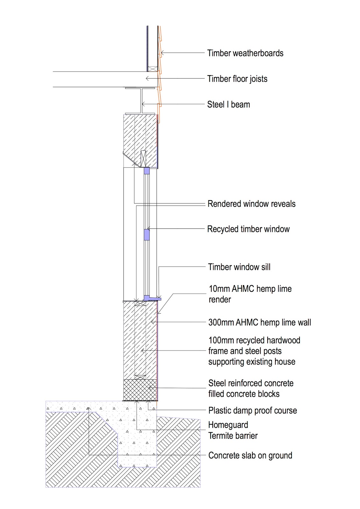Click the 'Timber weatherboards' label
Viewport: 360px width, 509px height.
(x=245, y=53)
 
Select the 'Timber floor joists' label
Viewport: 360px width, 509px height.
(x=237, y=79)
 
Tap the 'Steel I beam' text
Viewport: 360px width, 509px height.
(x=229, y=105)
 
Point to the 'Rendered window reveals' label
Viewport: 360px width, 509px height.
(x=251, y=204)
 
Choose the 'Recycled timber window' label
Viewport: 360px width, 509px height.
(x=248, y=229)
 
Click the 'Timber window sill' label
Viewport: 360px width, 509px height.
(x=239, y=267)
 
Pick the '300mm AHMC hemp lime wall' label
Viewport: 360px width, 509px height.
(x=259, y=323)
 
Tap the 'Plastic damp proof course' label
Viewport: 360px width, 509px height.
(x=253, y=411)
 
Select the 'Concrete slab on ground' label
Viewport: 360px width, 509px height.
(x=250, y=456)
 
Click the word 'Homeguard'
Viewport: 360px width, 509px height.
(x=228, y=425)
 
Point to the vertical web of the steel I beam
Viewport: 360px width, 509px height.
(x=142, y=101)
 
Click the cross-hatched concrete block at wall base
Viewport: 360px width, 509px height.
(x=140, y=390)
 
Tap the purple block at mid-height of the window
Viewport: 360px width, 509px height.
(x=147, y=235)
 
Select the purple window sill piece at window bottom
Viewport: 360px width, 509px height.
(x=152, y=298)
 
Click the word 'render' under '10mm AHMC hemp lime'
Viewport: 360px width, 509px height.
(x=220, y=299)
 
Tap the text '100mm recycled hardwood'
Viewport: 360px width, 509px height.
(x=254, y=340)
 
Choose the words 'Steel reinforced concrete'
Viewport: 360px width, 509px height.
(x=251, y=383)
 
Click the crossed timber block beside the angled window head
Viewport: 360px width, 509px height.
(x=143, y=159)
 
